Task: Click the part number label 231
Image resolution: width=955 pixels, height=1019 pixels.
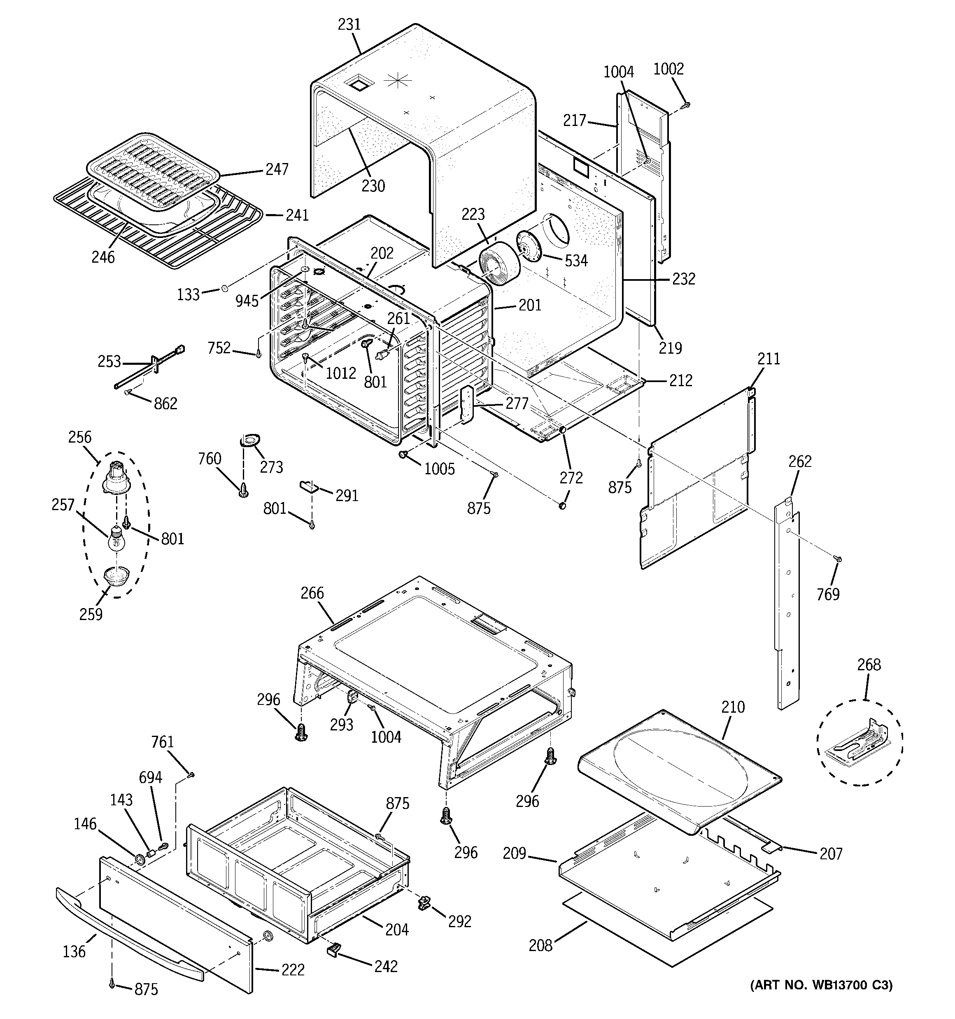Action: tap(349, 25)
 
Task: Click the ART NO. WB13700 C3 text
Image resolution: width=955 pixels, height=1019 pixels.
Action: tap(821, 985)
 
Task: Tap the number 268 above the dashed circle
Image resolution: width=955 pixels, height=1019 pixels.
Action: tap(869, 665)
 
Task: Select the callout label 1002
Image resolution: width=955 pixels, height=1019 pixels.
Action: tap(668, 69)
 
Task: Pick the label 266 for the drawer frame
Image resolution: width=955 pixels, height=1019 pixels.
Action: tap(312, 593)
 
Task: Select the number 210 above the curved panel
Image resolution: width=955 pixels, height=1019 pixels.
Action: tap(733, 707)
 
